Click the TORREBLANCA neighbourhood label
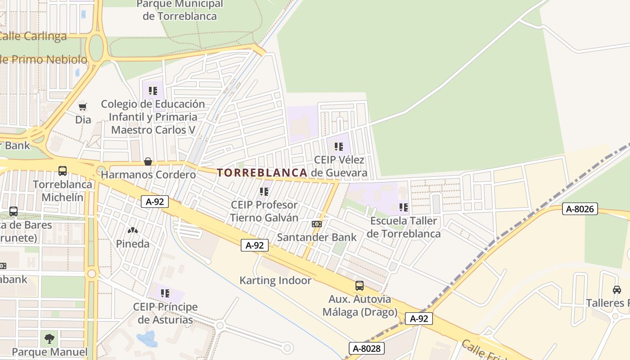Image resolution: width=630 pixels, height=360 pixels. (262, 173)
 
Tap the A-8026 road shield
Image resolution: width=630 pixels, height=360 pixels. (580, 209)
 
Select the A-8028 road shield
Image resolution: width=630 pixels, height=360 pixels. (367, 348)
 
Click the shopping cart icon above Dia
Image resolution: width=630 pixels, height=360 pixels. (82, 107)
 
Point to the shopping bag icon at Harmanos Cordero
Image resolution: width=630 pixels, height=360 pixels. (148, 162)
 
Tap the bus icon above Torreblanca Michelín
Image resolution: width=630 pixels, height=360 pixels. (63, 171)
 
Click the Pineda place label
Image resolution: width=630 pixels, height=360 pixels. (133, 244)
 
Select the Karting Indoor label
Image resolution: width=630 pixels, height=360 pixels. (275, 280)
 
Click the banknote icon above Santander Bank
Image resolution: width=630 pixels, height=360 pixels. (316, 224)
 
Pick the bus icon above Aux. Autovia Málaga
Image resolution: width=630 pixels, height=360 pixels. (359, 285)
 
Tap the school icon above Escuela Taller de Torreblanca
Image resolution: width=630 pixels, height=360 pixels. (404, 207)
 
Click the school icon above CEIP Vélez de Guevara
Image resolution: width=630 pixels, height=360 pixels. (339, 146)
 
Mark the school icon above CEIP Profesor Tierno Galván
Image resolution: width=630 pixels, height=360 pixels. (264, 192)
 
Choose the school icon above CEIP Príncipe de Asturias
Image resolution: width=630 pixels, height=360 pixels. (165, 293)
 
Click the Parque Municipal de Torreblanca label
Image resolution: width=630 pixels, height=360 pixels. (180, 10)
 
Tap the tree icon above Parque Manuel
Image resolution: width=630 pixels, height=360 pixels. (49, 338)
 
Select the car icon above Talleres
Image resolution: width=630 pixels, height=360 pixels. (616, 290)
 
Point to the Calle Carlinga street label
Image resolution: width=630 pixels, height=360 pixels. (34, 36)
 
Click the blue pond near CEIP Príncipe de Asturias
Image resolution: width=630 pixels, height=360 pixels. (147, 338)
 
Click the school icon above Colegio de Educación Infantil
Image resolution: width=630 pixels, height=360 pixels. (153, 91)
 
